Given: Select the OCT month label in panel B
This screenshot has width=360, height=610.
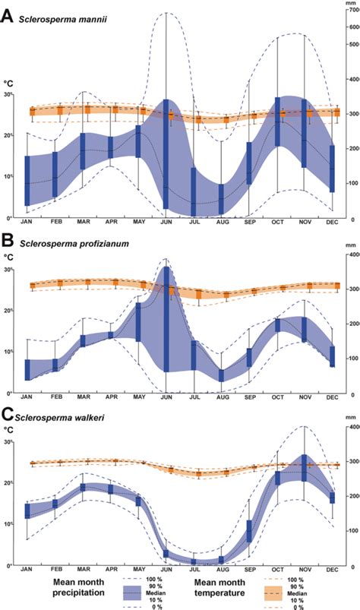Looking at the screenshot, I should pyautogui.click(x=277, y=397).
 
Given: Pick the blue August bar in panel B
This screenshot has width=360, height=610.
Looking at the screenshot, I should pyautogui.click(x=222, y=375).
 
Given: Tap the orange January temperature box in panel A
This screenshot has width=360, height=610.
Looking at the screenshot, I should pyautogui.click(x=33, y=112).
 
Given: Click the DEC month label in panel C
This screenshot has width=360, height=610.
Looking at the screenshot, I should pyautogui.click(x=332, y=568).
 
